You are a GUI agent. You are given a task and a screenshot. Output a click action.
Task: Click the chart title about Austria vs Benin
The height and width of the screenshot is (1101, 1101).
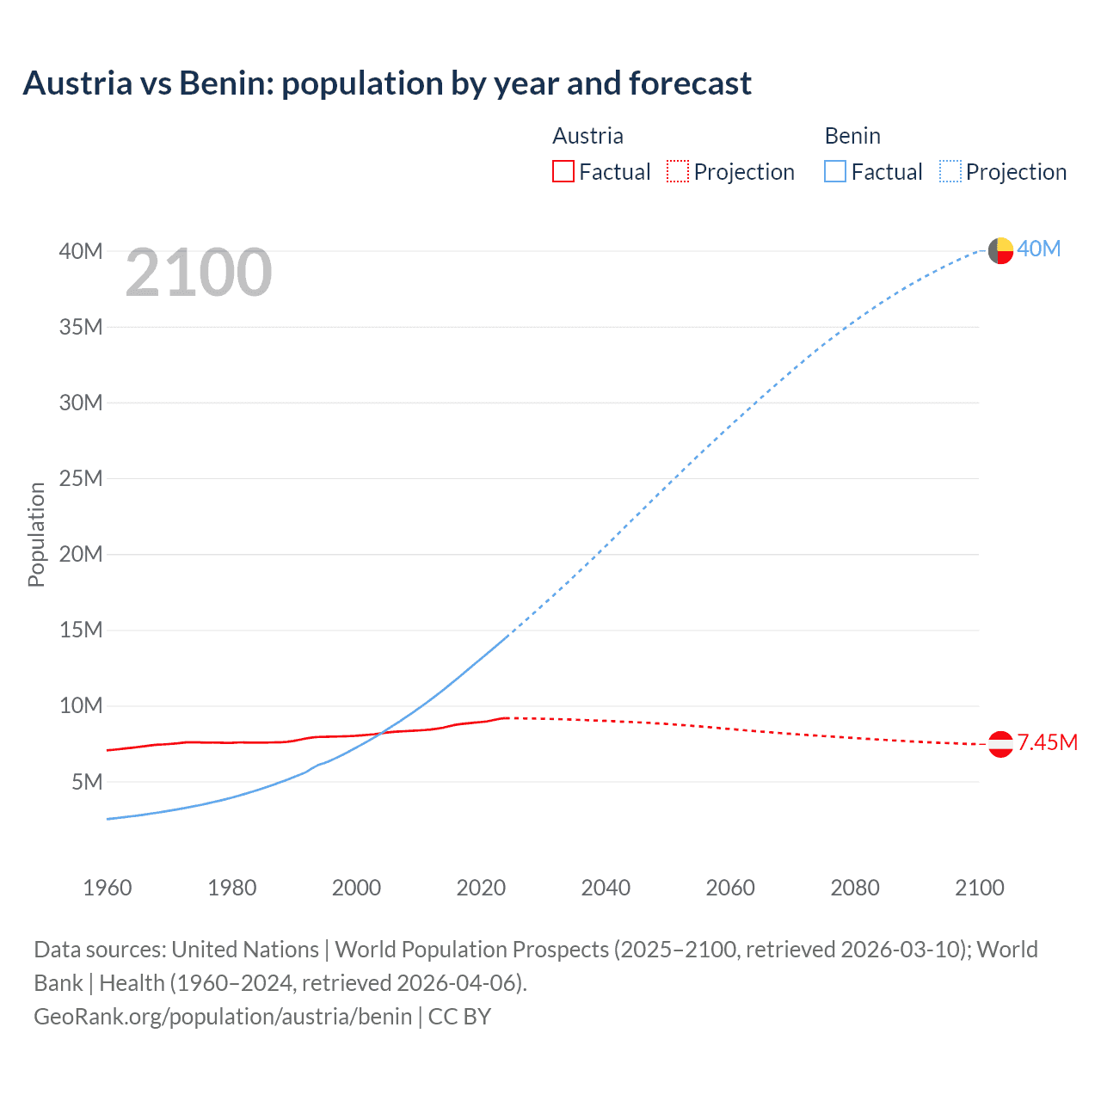pos(387,83)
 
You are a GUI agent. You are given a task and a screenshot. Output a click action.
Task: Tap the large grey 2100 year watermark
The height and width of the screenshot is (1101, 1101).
pos(199,273)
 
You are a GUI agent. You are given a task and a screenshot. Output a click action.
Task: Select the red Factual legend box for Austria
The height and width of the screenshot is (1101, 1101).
pos(563,171)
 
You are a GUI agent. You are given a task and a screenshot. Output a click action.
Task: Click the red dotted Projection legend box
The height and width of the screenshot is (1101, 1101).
pos(678,171)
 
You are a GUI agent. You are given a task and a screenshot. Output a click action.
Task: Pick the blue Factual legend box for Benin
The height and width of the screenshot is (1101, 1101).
pos(835,171)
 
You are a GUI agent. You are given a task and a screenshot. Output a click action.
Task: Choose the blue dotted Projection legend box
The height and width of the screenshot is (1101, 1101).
pos(950,171)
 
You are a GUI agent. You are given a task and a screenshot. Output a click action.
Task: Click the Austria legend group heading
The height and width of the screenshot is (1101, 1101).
pos(587,136)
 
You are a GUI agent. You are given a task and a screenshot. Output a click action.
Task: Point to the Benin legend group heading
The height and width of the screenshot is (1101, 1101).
pos(852,136)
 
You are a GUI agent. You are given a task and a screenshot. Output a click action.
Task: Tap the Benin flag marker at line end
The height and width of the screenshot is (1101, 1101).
pos(1000,250)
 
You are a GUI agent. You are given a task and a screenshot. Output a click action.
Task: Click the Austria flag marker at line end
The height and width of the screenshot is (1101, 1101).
pos(1000,744)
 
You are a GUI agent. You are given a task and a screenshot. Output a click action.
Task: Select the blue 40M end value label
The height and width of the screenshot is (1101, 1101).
pos(1039,249)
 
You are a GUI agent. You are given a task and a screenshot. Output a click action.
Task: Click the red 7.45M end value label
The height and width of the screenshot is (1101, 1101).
pos(1047,742)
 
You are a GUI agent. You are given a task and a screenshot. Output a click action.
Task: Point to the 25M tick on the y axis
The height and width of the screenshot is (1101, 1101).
pos(81,478)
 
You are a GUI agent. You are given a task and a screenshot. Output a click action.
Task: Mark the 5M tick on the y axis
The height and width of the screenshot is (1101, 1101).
pos(87,782)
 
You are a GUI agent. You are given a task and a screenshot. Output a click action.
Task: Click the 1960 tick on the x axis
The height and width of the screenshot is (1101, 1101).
pos(108,888)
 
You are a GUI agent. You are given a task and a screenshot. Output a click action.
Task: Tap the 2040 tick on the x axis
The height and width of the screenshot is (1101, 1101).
pos(606,888)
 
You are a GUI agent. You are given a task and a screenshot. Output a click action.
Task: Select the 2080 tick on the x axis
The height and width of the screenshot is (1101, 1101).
pos(855,888)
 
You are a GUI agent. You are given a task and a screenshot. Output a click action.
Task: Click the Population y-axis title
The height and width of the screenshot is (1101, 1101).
pos(36,534)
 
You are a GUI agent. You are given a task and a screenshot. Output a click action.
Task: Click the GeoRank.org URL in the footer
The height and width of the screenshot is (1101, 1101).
pos(223,1017)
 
